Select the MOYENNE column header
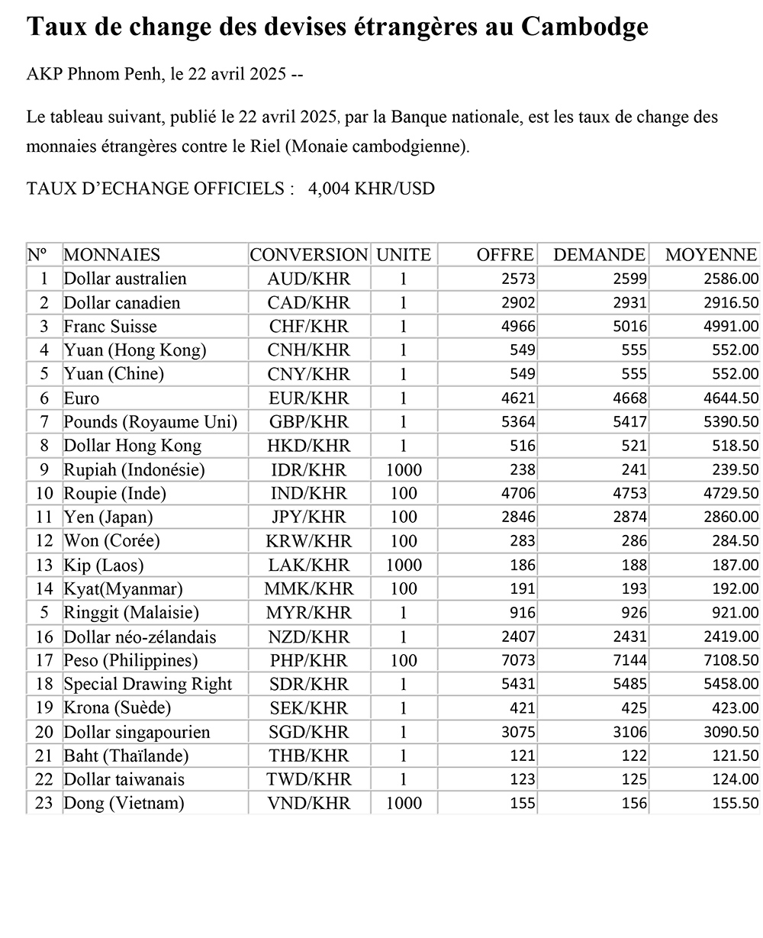pyautogui.click(x=710, y=255)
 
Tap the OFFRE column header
pyautogui.click(x=505, y=255)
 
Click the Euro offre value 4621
pyautogui.click(x=518, y=398)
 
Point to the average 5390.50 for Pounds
pyautogui.click(x=731, y=422)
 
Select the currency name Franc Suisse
pyautogui.click(x=110, y=327)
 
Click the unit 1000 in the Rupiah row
pyautogui.click(x=404, y=470)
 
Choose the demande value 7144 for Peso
pyautogui.click(x=630, y=661)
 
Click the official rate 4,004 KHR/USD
pyautogui.click(x=372, y=189)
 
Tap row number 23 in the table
pyautogui.click(x=43, y=804)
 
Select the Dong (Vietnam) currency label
pyautogui.click(x=124, y=804)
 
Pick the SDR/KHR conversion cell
pyautogui.click(x=310, y=685)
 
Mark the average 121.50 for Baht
pyautogui.click(x=733, y=756)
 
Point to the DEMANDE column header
pyautogui.click(x=599, y=255)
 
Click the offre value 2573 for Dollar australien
pyautogui.click(x=518, y=279)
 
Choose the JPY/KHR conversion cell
pyautogui.click(x=310, y=517)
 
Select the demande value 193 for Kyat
pyautogui.click(x=634, y=589)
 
